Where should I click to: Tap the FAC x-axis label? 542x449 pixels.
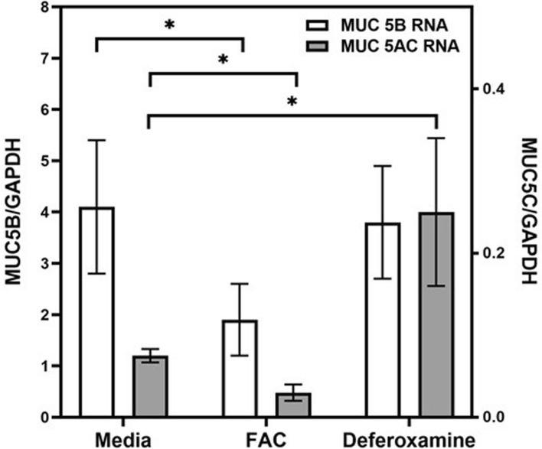[268, 439]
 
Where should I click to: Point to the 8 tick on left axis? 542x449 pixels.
[35, 8]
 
